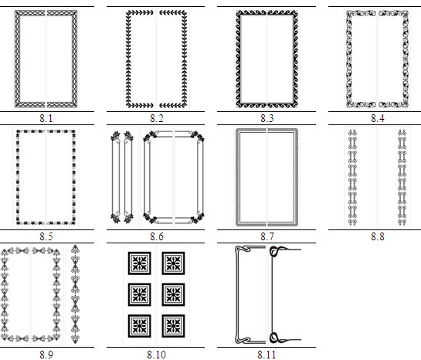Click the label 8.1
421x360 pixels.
46,118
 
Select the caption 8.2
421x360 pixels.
157,118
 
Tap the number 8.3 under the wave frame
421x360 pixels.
267,118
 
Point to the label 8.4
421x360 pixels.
378,118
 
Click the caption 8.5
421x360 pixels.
46,236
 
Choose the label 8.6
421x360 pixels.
157,236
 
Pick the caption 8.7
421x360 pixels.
267,236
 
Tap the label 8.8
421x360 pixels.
378,236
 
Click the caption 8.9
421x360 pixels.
46,355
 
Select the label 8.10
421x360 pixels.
157,355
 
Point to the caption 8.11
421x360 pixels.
267,355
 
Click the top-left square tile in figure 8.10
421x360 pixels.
139,263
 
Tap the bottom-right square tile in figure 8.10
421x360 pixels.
174,326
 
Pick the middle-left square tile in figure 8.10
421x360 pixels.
139,294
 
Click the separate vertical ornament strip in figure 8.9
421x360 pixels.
76,294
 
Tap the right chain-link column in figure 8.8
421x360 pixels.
402,177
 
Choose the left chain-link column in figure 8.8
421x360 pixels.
352,177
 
